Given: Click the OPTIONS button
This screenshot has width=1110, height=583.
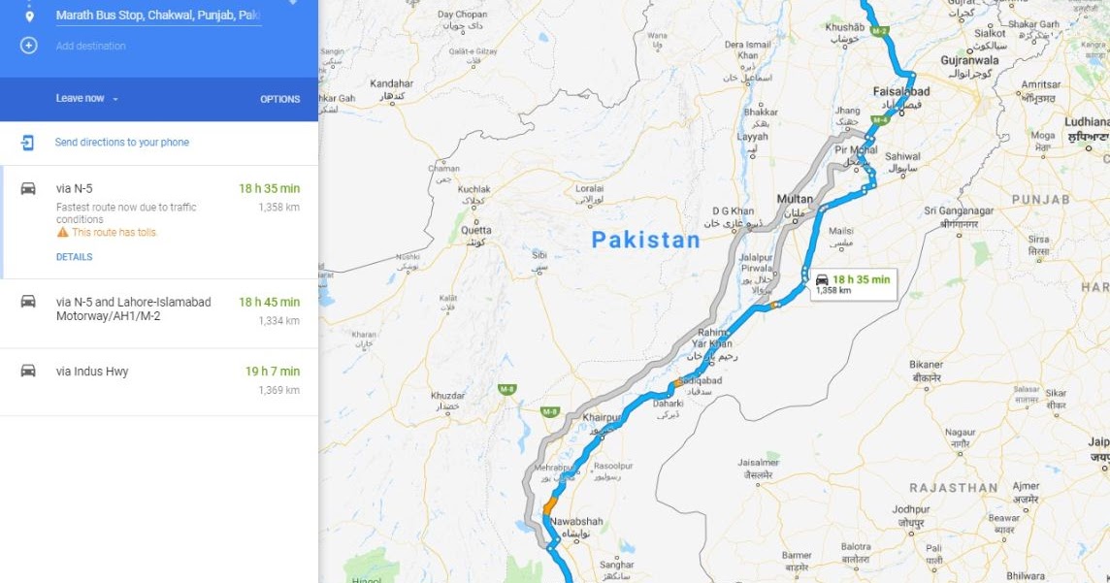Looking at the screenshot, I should tap(279, 99).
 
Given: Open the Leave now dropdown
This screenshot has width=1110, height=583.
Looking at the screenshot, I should tap(86, 99).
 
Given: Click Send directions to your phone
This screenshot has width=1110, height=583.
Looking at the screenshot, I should tap(121, 143).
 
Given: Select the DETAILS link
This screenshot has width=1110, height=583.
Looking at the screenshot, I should tap(74, 257).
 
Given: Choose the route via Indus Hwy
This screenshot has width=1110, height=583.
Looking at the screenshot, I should tap(92, 372).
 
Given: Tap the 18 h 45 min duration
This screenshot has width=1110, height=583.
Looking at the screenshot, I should tap(269, 303).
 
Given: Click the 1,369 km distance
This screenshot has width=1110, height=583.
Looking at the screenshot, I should tap(278, 390).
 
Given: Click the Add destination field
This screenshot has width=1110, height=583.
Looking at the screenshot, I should tap(90, 46).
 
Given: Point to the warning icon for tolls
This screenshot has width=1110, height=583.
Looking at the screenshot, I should tap(62, 233).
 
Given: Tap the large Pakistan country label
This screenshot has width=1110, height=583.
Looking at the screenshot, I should tap(645, 241).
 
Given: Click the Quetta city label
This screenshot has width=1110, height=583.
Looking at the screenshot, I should tap(475, 231).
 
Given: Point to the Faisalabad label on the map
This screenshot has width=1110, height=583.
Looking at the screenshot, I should tap(901, 92).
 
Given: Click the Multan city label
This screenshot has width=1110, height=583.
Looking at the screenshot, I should tap(795, 199).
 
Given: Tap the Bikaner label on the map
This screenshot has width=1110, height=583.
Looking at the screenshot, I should tap(926, 365).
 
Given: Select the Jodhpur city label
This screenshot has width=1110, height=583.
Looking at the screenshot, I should tap(911, 509).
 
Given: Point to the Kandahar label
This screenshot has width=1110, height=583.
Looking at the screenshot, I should tap(391, 83).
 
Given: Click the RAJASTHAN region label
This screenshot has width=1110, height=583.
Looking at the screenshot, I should tap(953, 488).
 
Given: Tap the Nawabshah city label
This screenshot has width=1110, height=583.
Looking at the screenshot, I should tap(576, 522).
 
